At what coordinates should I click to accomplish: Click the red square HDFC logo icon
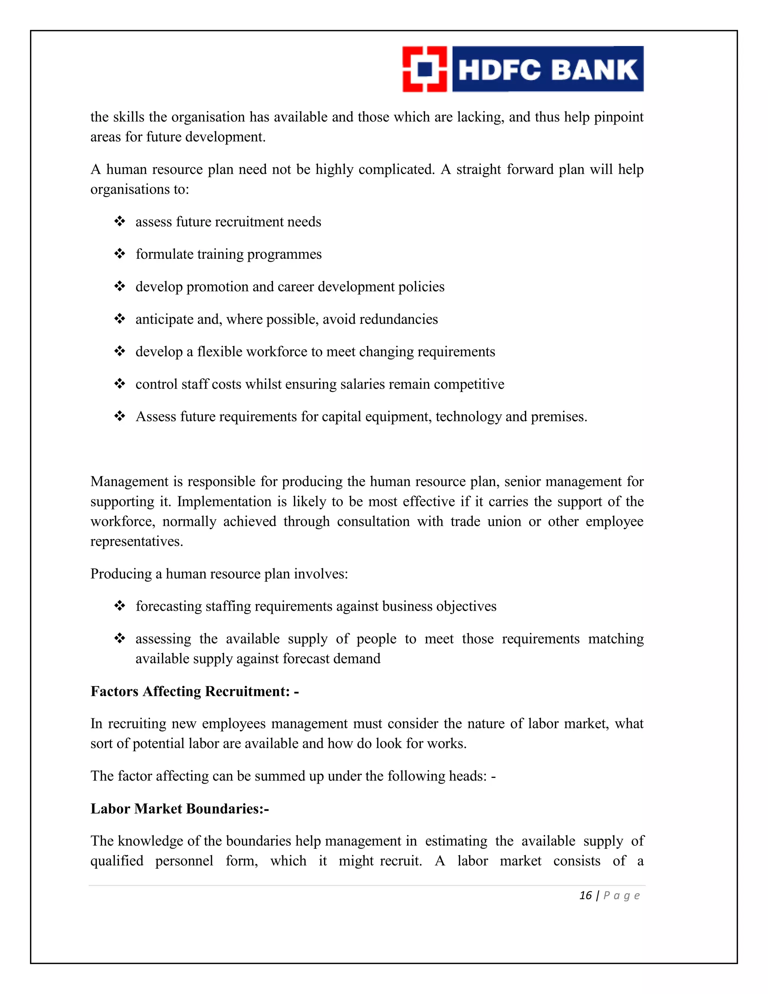click(x=424, y=69)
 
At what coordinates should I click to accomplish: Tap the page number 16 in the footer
click(x=585, y=896)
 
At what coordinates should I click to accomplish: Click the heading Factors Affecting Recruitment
click(x=194, y=691)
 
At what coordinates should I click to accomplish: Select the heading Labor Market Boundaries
click(x=179, y=808)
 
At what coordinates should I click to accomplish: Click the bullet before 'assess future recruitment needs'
click(x=120, y=222)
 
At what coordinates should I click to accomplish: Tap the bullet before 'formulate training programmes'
click(x=120, y=254)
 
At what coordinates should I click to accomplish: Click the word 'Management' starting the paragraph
click(x=129, y=482)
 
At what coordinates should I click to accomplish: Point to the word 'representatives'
click(x=136, y=542)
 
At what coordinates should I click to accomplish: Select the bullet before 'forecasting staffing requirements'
click(x=120, y=606)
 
